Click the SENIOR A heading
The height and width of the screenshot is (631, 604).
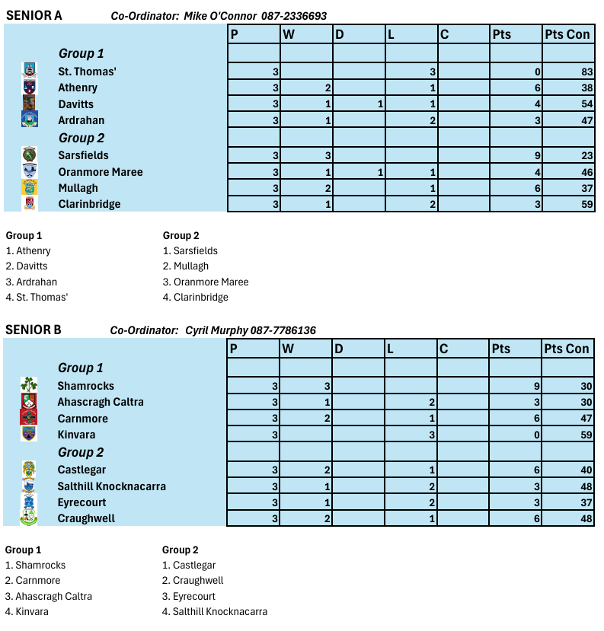[34, 15]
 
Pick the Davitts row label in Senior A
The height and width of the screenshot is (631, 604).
[75, 104]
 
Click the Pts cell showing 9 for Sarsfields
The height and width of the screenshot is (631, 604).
[537, 155]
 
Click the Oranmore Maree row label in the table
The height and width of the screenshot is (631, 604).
[100, 172]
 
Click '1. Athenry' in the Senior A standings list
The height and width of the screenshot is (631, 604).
[28, 251]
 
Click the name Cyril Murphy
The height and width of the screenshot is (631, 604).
[216, 330]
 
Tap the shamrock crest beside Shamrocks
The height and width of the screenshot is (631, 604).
[29, 385]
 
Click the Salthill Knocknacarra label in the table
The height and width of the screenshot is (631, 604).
[111, 486]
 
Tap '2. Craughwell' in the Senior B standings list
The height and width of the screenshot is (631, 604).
[193, 581]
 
